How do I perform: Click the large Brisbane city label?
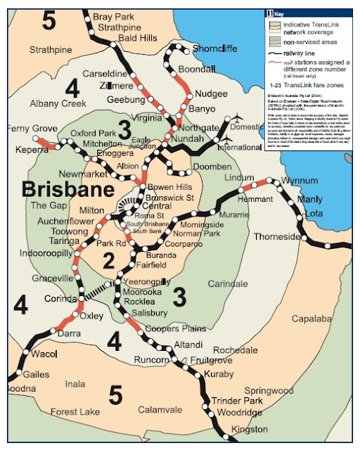point(67,190)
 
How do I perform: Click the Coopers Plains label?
point(176,328)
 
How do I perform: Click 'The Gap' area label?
point(47,205)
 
